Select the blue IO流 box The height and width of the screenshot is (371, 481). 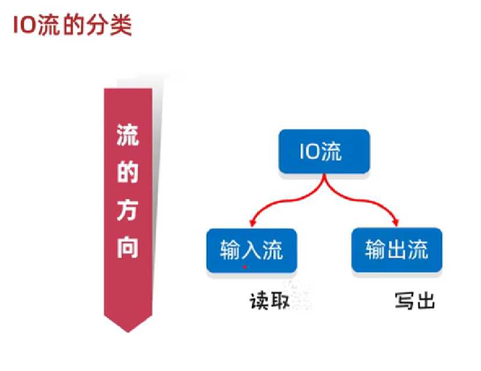pyautogui.click(x=324, y=152)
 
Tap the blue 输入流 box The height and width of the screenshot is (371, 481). pyautogui.click(x=252, y=250)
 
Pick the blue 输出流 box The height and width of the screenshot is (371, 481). pyautogui.click(x=397, y=250)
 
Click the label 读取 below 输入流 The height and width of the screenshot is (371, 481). pyautogui.click(x=270, y=302)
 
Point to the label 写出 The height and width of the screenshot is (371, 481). pyautogui.click(x=414, y=302)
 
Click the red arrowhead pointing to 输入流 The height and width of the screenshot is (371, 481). pyautogui.click(x=252, y=222)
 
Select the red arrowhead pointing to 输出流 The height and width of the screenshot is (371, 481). pyautogui.click(x=397, y=222)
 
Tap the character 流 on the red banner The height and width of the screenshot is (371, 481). pyautogui.click(x=128, y=137)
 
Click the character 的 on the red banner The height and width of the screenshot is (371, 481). pyautogui.click(x=128, y=172)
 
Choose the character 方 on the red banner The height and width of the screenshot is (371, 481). pyautogui.click(x=128, y=209)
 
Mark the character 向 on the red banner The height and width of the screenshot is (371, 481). pyautogui.click(x=128, y=246)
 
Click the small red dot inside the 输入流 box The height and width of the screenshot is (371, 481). pyautogui.click(x=245, y=268)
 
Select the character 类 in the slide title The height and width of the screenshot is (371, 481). pyautogui.click(x=120, y=26)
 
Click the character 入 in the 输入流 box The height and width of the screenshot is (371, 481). pyautogui.click(x=252, y=250)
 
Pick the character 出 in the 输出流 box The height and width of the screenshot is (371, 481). pyautogui.click(x=397, y=250)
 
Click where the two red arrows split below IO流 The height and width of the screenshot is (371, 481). pyautogui.click(x=324, y=185)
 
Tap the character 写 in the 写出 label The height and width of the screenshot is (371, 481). pyautogui.click(x=404, y=302)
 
